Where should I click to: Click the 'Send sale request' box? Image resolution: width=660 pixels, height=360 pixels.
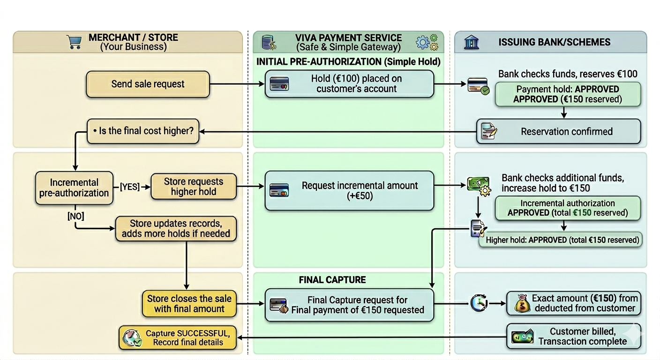click(148, 84)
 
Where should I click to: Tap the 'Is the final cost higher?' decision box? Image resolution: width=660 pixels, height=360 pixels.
click(143, 131)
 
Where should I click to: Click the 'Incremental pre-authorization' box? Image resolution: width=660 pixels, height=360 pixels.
click(74, 187)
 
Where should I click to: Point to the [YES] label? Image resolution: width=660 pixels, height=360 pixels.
click(130, 187)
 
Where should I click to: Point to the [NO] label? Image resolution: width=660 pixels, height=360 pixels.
click(75, 216)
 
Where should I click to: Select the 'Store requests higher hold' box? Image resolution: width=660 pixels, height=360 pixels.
click(193, 186)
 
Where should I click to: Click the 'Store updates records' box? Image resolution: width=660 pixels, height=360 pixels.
click(176, 228)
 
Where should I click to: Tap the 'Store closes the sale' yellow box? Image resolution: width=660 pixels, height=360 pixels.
click(189, 303)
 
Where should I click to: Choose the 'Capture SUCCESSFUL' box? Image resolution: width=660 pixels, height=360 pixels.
click(178, 337)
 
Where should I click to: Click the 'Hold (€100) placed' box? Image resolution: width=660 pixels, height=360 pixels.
click(349, 84)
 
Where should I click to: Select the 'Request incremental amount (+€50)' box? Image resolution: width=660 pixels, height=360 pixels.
click(349, 190)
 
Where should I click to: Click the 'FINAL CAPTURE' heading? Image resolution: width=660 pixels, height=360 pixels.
click(332, 280)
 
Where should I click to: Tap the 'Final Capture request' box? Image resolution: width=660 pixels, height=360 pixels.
click(349, 305)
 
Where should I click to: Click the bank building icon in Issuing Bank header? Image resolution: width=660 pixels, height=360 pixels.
click(471, 42)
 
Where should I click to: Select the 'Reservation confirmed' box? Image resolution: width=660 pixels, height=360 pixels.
click(558, 131)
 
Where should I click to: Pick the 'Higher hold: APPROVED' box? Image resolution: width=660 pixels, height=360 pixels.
click(562, 240)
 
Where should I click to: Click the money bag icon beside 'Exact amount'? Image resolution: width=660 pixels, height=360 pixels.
click(522, 304)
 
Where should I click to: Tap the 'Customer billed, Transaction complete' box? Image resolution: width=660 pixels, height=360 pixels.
click(574, 336)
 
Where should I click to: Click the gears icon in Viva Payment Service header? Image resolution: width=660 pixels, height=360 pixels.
click(427, 42)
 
